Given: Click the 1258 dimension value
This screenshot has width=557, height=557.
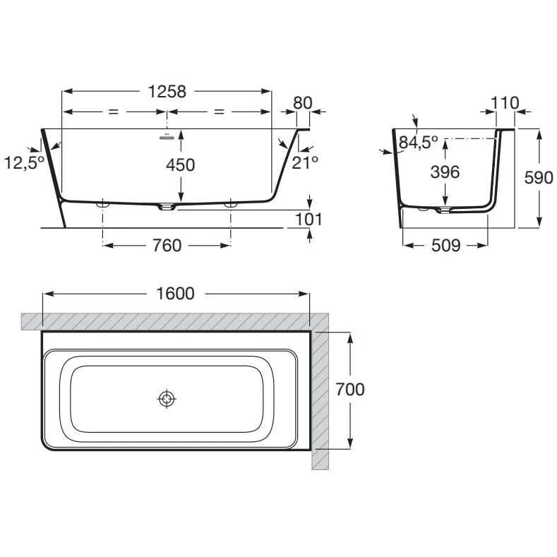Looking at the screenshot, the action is tap(167, 92).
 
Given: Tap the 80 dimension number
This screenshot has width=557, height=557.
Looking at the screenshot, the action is tap(302, 103).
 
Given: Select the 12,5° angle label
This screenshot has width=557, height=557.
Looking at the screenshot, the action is tap(24, 163).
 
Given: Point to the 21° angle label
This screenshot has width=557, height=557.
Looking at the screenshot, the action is tap(305, 162).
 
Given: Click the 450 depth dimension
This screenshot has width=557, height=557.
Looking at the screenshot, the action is tap(181, 165).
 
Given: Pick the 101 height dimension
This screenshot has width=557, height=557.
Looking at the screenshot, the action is tap(309, 219).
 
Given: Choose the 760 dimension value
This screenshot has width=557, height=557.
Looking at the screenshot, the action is tap(167, 246).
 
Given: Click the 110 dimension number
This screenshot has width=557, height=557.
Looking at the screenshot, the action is tap(505, 103).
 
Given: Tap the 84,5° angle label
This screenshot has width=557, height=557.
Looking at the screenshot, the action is tap(419, 143).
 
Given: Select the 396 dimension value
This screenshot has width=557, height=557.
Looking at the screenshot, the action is tap(445, 172).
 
